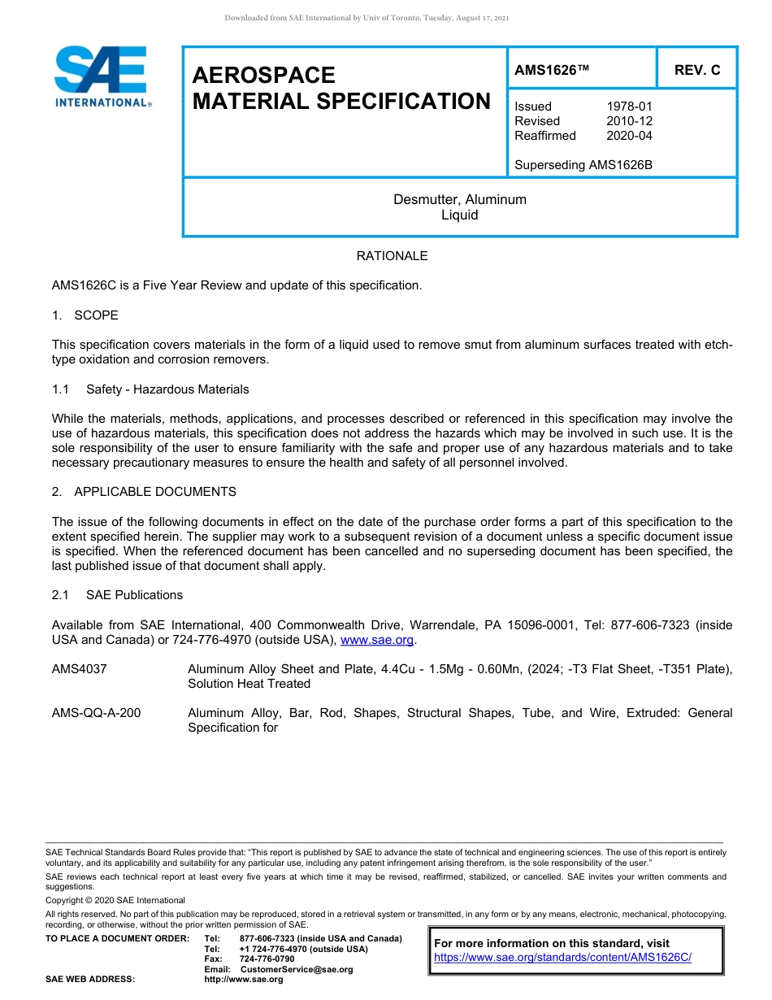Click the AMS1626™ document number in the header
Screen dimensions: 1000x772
(x=551, y=71)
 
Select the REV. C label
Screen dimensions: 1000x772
(x=696, y=71)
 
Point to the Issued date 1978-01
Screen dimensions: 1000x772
(x=629, y=107)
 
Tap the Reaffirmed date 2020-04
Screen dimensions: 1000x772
(x=629, y=136)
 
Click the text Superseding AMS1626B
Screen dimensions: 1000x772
(x=583, y=165)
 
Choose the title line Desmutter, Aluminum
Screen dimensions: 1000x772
(x=460, y=200)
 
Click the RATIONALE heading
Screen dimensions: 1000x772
(x=392, y=256)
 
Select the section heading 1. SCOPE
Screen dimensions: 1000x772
(x=85, y=315)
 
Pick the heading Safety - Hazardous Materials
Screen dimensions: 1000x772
(x=167, y=389)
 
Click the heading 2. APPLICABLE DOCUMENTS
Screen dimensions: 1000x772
(x=145, y=492)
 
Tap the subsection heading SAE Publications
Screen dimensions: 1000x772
(x=134, y=595)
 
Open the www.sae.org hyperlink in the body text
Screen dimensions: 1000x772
(x=377, y=641)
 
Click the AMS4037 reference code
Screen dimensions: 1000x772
(x=80, y=669)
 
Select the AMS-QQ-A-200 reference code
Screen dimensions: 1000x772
(x=96, y=713)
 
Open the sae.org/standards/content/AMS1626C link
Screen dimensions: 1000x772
(x=562, y=958)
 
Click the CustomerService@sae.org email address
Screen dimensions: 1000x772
(x=297, y=969)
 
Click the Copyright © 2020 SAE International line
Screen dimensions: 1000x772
(x=115, y=900)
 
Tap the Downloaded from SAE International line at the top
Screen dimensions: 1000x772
(x=366, y=18)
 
